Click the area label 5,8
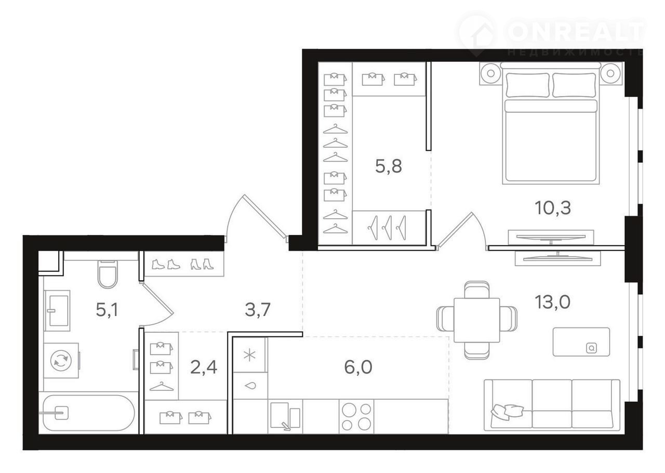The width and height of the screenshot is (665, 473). click(388, 166)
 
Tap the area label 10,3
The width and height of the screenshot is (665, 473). click(553, 208)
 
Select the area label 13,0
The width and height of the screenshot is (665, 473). click(552, 302)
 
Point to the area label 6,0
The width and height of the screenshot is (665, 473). click(358, 367)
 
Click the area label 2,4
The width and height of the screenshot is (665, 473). click(204, 367)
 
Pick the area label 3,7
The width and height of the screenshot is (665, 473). click(257, 309)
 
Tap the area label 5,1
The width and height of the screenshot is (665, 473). click(107, 310)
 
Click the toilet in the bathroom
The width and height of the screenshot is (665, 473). click(108, 274)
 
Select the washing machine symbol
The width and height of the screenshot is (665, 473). click(61, 360)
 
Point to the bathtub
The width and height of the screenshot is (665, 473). click(88, 413)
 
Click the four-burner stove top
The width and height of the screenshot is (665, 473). click(356, 416)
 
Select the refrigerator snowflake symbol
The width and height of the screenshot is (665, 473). click(249, 356)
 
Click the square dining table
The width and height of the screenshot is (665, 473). click(477, 320)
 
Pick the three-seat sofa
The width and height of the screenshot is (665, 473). click(552, 405)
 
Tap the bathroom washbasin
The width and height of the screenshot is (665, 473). click(57, 311)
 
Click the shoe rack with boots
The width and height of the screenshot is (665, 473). click(184, 264)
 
